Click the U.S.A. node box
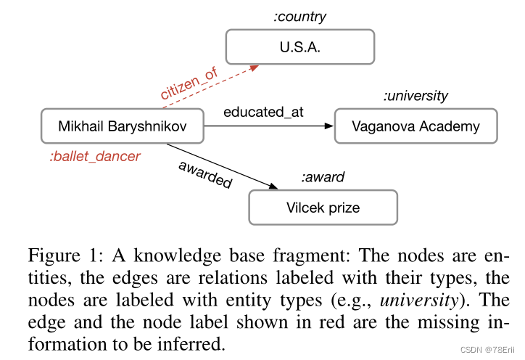(x=300, y=47)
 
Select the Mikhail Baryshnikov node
(x=123, y=126)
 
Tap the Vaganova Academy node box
(x=416, y=126)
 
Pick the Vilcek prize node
(x=323, y=208)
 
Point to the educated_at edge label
(x=263, y=112)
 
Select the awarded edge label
(x=205, y=173)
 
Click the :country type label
(x=299, y=17)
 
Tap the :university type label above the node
(x=416, y=96)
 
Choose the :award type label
(x=323, y=177)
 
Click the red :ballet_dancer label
(x=95, y=156)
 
